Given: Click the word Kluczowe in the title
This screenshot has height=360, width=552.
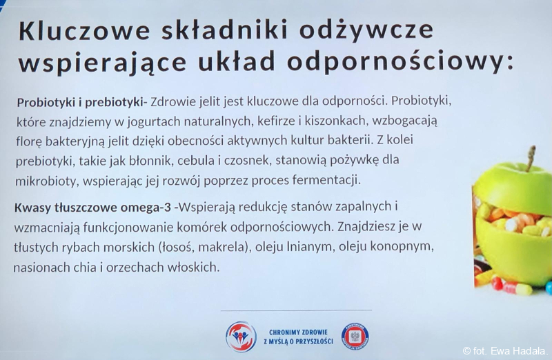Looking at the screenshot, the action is tap(84, 30).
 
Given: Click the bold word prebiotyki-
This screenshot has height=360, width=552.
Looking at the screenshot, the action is tap(116, 102).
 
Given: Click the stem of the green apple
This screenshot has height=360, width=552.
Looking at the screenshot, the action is tap(531, 158).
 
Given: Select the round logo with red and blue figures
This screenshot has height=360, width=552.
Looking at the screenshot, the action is tap(241, 337).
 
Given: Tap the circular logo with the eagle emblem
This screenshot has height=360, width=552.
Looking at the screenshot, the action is tap(355, 337).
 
